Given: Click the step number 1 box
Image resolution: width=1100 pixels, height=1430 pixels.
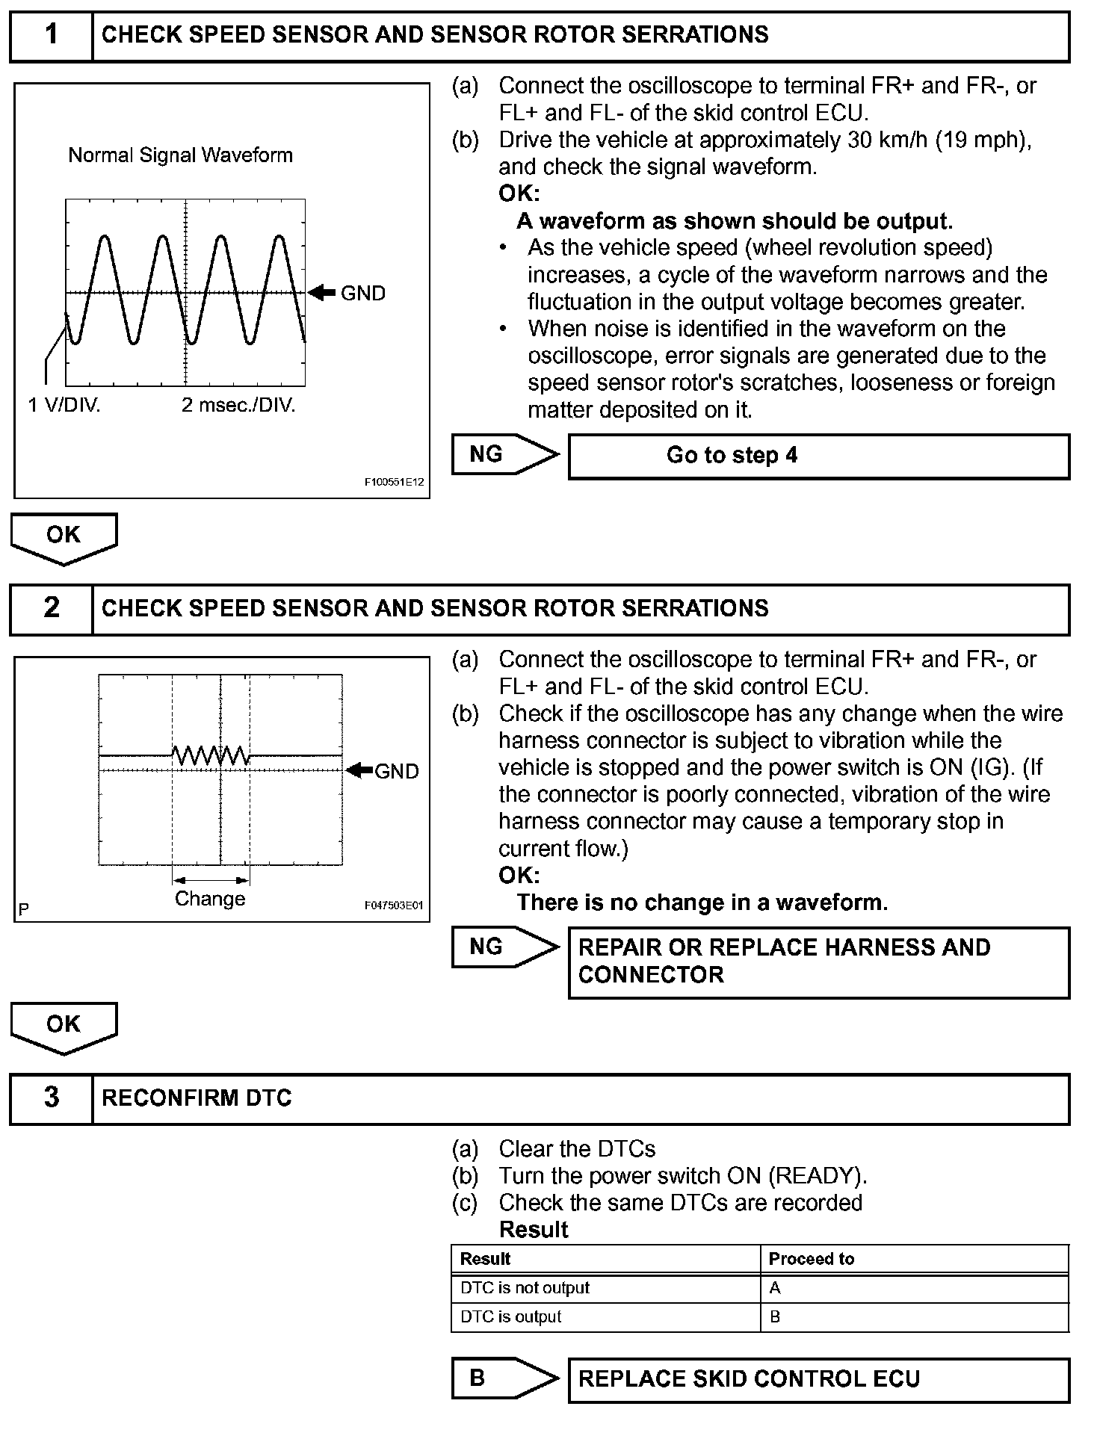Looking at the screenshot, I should click(51, 35).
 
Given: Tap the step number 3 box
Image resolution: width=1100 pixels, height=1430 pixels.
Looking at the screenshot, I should click(51, 1098).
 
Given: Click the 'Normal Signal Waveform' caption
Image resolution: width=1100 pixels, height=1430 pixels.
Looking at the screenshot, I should click(180, 155).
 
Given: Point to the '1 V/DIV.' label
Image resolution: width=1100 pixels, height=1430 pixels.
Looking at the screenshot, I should click(64, 406).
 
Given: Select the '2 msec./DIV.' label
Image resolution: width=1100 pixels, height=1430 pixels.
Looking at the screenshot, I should click(238, 406).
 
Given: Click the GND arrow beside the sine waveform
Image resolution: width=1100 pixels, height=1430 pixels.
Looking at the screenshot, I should click(322, 293).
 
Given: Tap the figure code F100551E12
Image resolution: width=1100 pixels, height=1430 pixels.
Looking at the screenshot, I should click(394, 483).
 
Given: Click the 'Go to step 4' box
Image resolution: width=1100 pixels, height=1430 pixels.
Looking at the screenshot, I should click(818, 456).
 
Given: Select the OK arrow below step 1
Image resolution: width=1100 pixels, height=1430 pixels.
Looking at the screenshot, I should click(64, 537).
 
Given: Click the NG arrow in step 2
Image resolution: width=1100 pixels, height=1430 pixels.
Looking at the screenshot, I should click(504, 947).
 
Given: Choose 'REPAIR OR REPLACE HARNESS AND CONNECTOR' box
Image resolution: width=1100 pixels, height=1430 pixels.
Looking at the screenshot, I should click(818, 962).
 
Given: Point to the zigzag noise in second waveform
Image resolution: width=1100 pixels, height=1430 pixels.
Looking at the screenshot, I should click(211, 755).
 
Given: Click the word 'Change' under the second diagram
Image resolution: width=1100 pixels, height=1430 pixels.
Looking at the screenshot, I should click(210, 899).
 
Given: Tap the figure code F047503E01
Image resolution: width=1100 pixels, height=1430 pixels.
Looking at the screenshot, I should click(393, 906).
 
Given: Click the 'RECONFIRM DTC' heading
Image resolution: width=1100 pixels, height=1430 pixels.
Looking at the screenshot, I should click(197, 1098).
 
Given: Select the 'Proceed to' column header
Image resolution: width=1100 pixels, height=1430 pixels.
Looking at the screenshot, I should click(812, 1259).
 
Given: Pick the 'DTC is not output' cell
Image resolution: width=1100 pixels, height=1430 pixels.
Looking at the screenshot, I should click(525, 1288).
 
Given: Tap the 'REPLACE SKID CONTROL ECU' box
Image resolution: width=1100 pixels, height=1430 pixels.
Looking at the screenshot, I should click(818, 1379).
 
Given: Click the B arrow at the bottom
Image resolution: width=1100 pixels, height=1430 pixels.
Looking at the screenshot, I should click(504, 1378).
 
